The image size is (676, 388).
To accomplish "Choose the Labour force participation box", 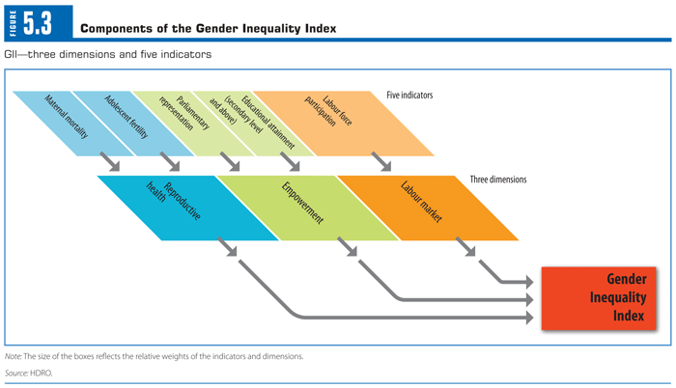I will point(333,122).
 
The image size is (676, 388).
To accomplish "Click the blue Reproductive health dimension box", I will point(183,207).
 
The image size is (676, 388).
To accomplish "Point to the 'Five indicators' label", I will point(409,96).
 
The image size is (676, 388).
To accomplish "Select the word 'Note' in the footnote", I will point(14,356).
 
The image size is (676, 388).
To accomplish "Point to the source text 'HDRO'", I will point(42,372).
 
